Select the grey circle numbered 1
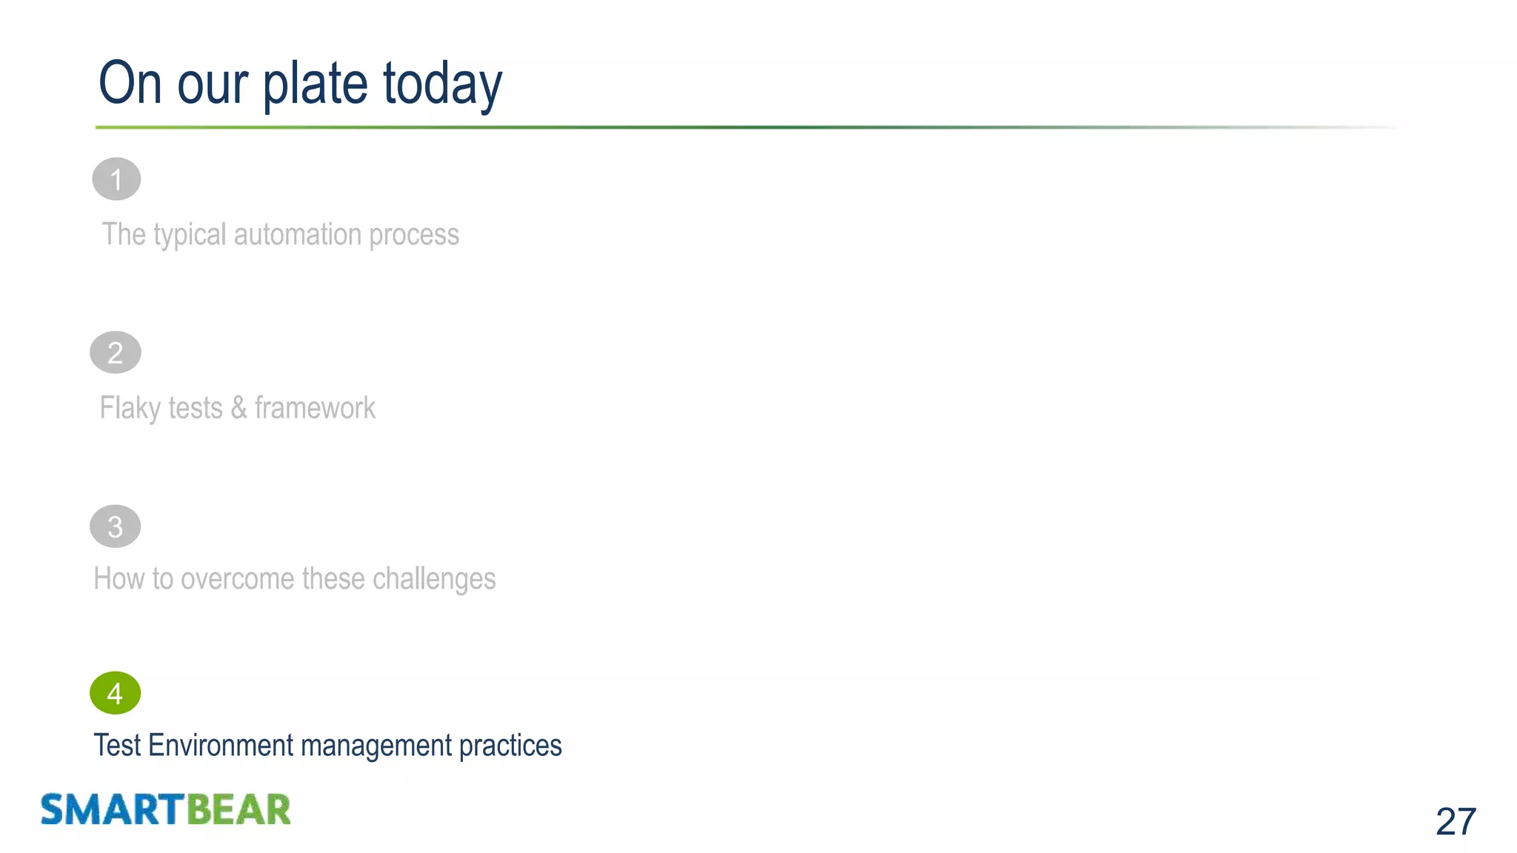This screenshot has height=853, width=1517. (116, 179)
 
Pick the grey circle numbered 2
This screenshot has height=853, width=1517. (116, 352)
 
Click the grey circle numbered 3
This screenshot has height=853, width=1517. (116, 526)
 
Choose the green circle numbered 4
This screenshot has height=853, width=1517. (116, 693)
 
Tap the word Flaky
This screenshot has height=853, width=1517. (130, 408)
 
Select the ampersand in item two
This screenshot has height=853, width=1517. (239, 408)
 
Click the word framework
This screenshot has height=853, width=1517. (315, 408)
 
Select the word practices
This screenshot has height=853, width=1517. (510, 746)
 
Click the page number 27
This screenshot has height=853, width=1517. (1456, 821)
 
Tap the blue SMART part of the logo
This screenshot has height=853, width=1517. (112, 809)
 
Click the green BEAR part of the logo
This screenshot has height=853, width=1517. (238, 809)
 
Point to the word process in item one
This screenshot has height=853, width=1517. (414, 235)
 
